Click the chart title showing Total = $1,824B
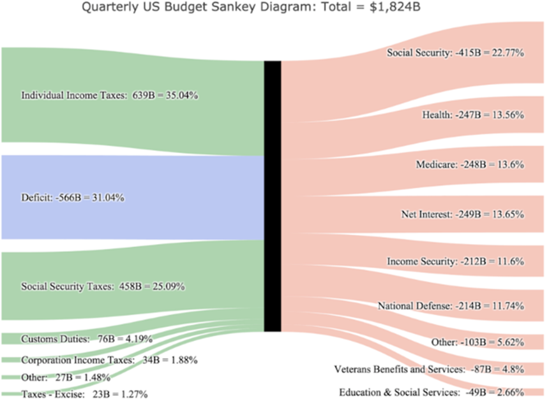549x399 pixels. (274, 8)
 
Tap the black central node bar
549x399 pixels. (273, 196)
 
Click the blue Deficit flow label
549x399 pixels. (72, 198)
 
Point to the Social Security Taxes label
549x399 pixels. (103, 286)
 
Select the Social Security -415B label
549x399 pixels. (455, 53)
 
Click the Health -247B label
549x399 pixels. (473, 115)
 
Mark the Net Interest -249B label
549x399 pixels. (463, 214)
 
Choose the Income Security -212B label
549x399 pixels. (456, 261)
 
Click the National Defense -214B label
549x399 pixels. (451, 306)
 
